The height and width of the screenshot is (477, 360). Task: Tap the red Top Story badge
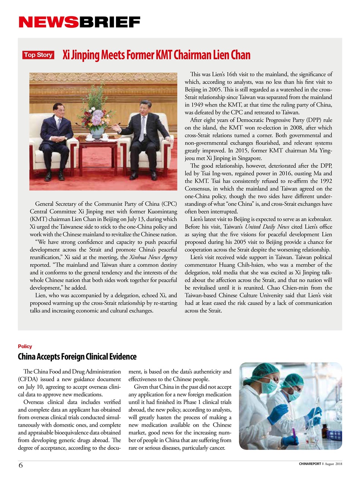coord(38,55)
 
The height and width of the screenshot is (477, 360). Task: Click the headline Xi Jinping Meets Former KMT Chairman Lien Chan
coord(156,55)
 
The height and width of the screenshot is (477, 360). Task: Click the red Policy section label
coord(25,346)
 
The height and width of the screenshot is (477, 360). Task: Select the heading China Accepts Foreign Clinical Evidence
coord(77,357)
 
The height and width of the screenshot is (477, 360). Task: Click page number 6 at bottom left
coord(21,465)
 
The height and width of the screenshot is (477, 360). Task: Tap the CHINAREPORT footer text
coord(310,464)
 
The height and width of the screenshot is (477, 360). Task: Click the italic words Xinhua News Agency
coord(153,257)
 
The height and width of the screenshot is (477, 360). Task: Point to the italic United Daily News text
coord(268,227)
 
